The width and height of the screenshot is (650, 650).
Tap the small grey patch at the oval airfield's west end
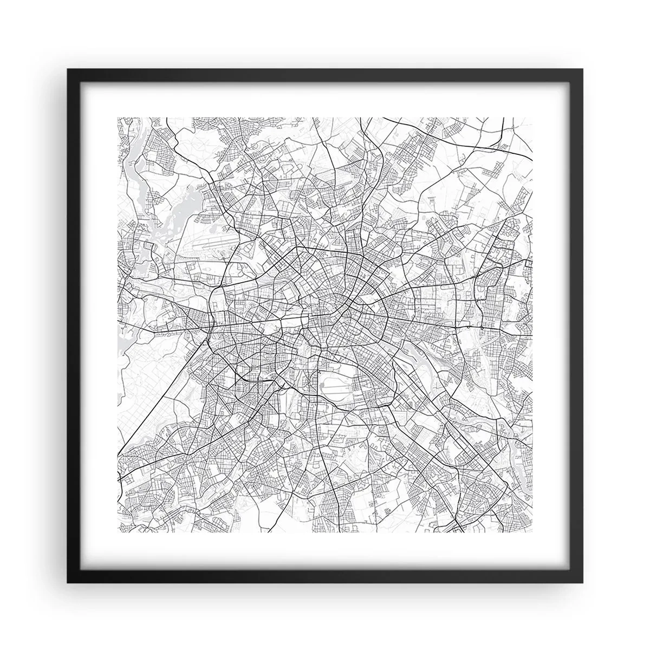pos(323,386)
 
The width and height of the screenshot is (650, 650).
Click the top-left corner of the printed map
pos(118,117)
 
